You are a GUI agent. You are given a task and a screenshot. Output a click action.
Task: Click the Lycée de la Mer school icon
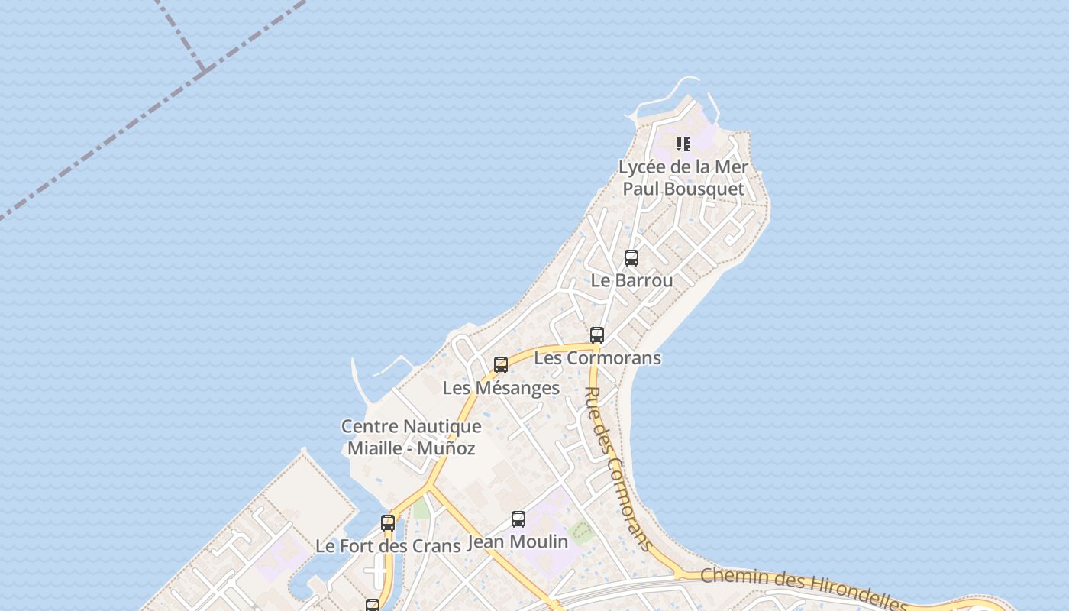point(683,144)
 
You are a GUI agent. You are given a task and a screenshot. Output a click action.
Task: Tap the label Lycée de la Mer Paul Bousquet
point(683,177)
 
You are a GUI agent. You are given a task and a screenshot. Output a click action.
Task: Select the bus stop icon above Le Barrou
point(631,258)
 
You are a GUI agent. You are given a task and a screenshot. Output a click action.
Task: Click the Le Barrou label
point(631,280)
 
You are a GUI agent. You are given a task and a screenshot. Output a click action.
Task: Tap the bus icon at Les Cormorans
point(597,335)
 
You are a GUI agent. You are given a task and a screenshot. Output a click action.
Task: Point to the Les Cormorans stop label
point(597,357)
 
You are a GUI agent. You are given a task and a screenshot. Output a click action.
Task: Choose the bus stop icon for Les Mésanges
point(501,365)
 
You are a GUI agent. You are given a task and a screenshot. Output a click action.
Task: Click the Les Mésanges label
point(501,388)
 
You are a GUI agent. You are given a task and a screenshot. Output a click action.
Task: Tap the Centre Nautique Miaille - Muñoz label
point(411,437)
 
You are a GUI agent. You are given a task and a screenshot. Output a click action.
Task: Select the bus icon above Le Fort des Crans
point(388,523)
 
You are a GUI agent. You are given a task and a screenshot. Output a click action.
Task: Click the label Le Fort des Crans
point(388,546)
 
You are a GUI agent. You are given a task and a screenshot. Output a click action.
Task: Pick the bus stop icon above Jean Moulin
point(518,519)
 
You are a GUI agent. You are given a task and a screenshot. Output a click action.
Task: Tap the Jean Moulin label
point(517,542)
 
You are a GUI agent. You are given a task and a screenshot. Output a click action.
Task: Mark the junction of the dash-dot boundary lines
point(204,71)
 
